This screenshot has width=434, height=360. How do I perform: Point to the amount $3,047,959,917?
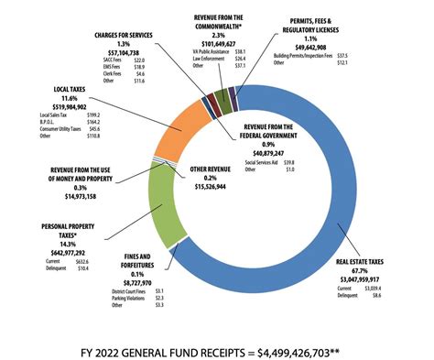pos(363,278)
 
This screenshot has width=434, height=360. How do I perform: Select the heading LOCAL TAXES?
pos(58,90)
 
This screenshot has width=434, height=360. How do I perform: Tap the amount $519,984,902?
pos(58,106)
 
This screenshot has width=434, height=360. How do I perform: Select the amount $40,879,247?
pos(278,152)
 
